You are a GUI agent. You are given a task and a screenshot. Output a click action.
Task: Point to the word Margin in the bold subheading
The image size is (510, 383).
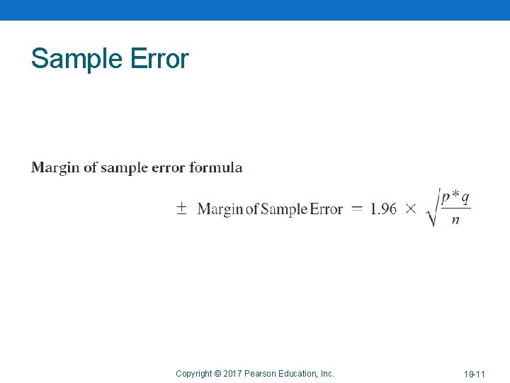[55, 168]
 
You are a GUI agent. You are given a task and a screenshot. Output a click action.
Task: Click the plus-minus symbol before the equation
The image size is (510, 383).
[181, 209]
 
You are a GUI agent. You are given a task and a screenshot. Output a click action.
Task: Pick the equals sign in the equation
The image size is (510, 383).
[357, 209]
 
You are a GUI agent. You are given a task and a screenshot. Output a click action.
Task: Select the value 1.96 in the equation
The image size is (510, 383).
[384, 209]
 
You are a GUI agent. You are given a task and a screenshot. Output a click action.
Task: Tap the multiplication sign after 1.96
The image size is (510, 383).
[411, 209]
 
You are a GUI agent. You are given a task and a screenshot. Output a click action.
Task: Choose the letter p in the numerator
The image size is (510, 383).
[446, 198]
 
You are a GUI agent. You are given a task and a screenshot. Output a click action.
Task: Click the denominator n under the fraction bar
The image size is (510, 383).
[455, 220]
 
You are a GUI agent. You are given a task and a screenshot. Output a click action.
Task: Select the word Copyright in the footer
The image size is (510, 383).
[194, 374]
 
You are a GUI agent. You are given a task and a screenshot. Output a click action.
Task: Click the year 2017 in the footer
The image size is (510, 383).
[232, 374]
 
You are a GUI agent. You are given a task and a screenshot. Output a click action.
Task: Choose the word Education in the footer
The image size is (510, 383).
[297, 374]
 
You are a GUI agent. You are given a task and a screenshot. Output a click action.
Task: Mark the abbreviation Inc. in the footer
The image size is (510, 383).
[327, 374]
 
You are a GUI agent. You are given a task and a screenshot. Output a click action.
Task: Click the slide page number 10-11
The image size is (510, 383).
[475, 374]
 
